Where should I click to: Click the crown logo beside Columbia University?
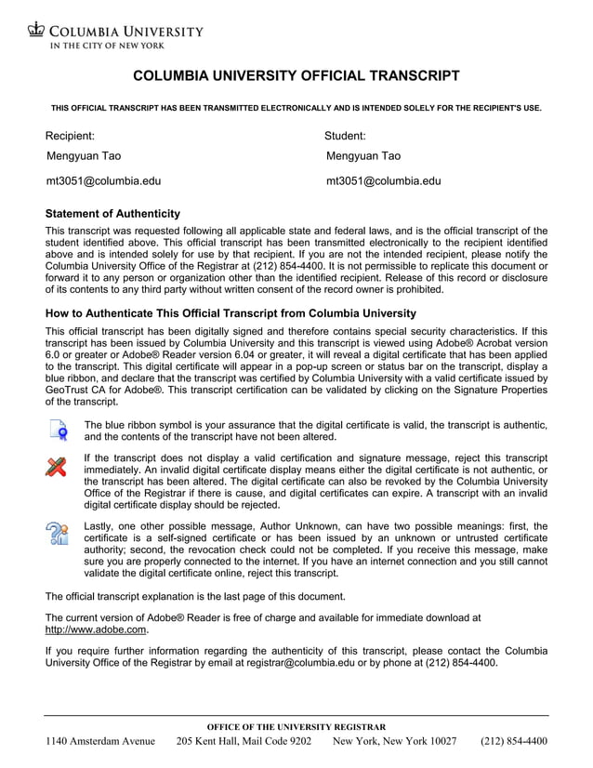coord(36,31)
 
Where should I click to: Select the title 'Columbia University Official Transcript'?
coord(296,75)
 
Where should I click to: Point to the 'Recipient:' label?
coord(71,136)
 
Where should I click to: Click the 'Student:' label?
coord(345,136)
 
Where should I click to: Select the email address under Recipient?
coord(103,181)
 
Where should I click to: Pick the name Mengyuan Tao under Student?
coord(363,156)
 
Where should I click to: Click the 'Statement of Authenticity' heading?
coord(112,214)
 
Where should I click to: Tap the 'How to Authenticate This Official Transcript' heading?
coord(231,313)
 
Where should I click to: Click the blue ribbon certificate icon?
coord(58,430)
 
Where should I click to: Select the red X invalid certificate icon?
coord(57,466)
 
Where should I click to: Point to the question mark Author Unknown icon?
coord(57,534)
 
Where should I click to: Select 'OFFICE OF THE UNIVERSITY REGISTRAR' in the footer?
coord(296,727)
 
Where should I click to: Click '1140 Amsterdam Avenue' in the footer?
coord(100,742)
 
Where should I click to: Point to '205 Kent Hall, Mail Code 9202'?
coord(244,742)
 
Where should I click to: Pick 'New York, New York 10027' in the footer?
coord(394,742)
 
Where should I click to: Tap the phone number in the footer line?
coord(513,742)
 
